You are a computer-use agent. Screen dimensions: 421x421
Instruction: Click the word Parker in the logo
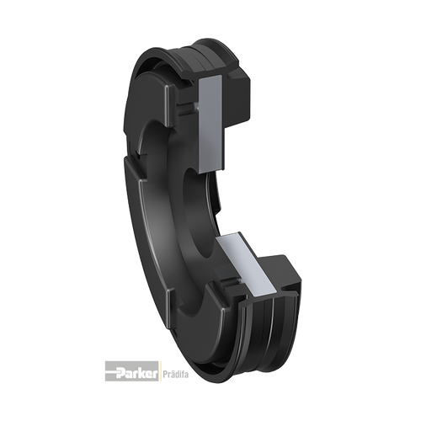(x=136, y=374)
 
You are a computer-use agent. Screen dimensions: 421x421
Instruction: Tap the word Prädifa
(x=176, y=375)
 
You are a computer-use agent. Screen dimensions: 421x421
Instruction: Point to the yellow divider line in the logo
(x=160, y=371)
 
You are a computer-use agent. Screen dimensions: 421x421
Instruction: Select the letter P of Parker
(x=120, y=374)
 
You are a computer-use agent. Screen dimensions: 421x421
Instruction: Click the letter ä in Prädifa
(x=172, y=375)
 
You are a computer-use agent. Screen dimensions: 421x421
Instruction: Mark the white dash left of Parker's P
(x=111, y=372)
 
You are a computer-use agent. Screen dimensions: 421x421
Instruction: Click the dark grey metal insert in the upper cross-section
(x=211, y=124)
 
